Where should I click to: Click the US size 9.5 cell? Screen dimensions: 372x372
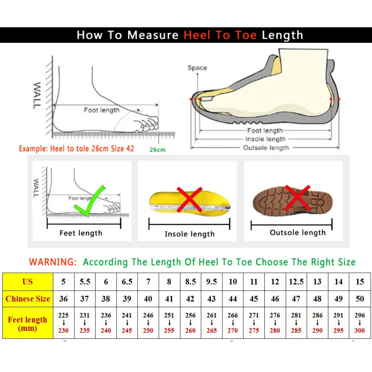[x=212, y=282]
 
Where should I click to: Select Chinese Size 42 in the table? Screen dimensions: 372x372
[x=190, y=299]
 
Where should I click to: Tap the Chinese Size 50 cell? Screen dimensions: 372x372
[x=360, y=299]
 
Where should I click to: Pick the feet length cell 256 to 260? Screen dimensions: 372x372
[x=190, y=323]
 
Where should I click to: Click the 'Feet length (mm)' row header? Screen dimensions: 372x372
[x=28, y=324]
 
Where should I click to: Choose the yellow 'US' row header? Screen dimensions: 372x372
[x=28, y=282]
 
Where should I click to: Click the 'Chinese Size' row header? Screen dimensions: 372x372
[x=28, y=299]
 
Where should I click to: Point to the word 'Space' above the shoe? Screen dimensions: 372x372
[x=197, y=68]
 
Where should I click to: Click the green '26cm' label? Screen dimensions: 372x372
[x=158, y=150]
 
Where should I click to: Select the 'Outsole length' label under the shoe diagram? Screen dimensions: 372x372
[x=266, y=148]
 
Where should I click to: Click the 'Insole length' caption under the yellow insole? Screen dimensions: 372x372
[x=190, y=234]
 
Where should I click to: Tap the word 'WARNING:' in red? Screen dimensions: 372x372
[x=52, y=262]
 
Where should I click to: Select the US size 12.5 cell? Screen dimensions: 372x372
[x=296, y=282]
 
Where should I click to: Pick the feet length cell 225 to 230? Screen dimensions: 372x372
[x=63, y=323]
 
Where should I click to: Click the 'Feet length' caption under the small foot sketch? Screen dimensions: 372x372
[x=81, y=233]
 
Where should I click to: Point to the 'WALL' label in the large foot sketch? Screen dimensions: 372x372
[x=37, y=95]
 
